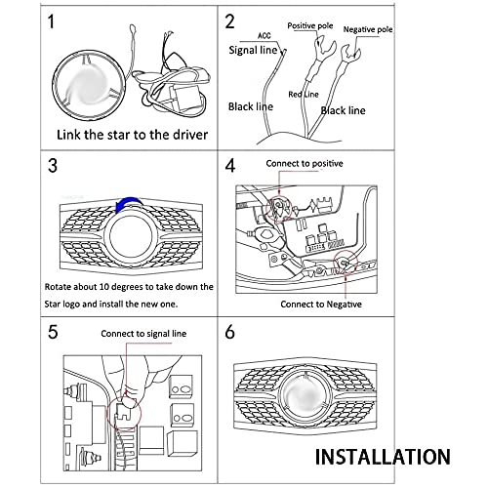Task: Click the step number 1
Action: click(51, 21)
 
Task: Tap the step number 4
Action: click(230, 166)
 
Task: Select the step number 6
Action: click(230, 332)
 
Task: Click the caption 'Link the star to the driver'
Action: click(132, 135)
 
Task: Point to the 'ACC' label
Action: click(264, 35)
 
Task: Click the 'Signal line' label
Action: click(253, 50)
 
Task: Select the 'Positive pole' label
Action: click(310, 25)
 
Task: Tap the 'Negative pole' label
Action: click(368, 29)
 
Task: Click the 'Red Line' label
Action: click(304, 95)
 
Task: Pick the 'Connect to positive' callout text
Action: click(305, 163)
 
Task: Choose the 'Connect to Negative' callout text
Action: click(321, 305)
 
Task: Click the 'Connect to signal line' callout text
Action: click(143, 334)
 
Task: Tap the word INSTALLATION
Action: click(383, 457)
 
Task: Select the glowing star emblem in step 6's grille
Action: click(305, 395)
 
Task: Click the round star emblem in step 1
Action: click(89, 85)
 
